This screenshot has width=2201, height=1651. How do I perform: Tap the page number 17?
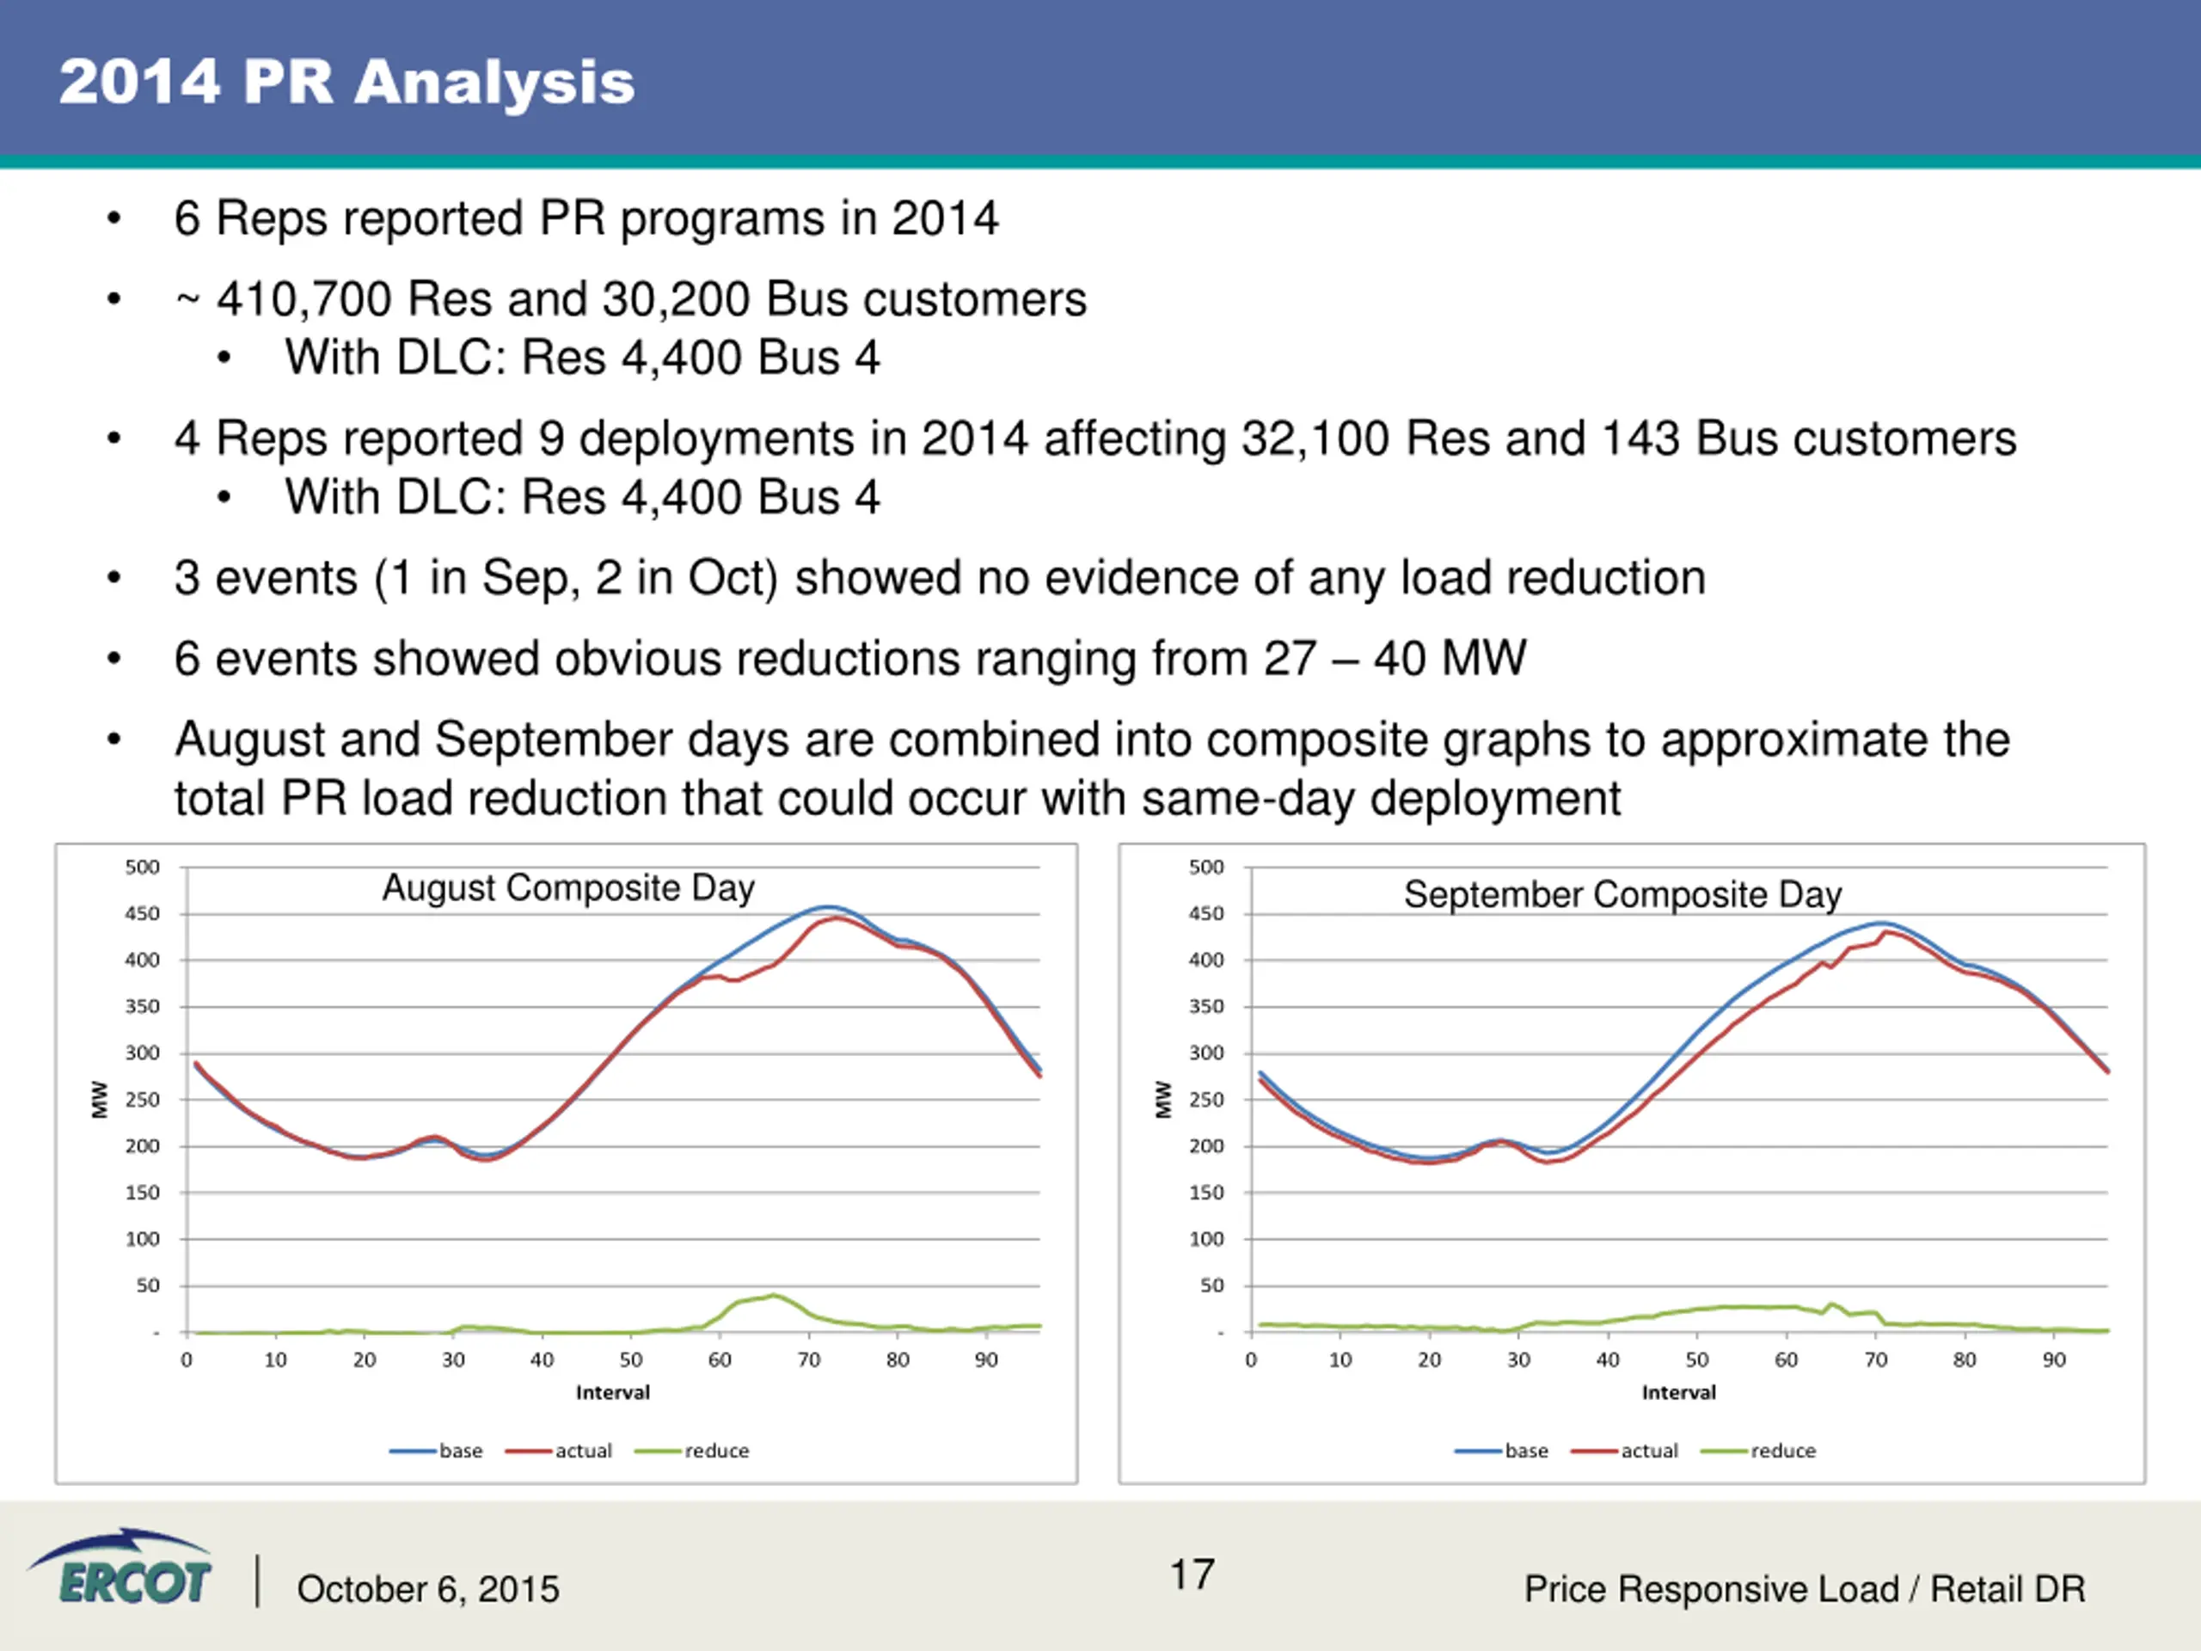point(1191,1574)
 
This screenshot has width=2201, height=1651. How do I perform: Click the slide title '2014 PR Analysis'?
point(346,82)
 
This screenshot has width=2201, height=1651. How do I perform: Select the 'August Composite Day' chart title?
point(568,887)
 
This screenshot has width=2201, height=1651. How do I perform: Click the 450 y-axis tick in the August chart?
point(142,913)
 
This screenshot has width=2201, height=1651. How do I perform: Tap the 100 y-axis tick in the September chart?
point(1206,1239)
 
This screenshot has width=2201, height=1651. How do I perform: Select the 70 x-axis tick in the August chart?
point(808,1360)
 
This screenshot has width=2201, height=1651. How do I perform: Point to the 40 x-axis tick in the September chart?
point(1607,1360)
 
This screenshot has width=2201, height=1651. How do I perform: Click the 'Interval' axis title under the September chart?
point(1678,1392)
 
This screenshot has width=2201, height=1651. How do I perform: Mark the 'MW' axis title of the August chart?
point(100,1100)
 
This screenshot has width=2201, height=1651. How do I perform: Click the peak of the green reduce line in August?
point(774,1295)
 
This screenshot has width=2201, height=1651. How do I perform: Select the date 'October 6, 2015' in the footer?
point(428,1589)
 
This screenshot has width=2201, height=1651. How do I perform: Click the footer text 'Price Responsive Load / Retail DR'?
point(1804,1589)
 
